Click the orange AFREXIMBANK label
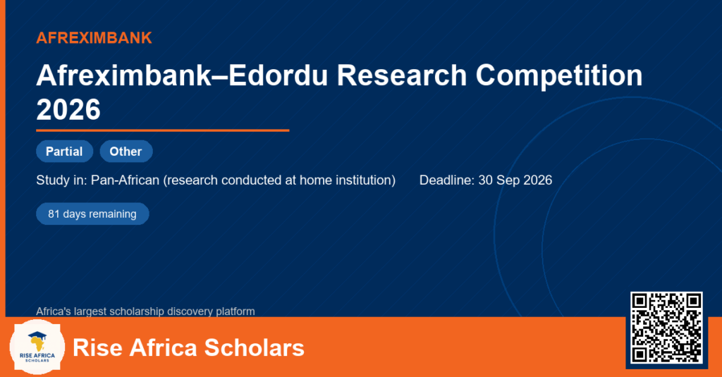coord(94,38)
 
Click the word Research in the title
coord(401,75)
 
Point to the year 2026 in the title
coord(68,109)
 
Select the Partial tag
coord(64,152)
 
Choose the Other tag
coord(126,152)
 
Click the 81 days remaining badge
coord(92,214)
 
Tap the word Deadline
coord(446,180)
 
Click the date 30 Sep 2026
coord(515,180)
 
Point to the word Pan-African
coord(126,180)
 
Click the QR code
coord(666,327)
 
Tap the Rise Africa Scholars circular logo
coord(37,347)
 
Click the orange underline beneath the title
coord(163,131)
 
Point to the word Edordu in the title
coord(278,75)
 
